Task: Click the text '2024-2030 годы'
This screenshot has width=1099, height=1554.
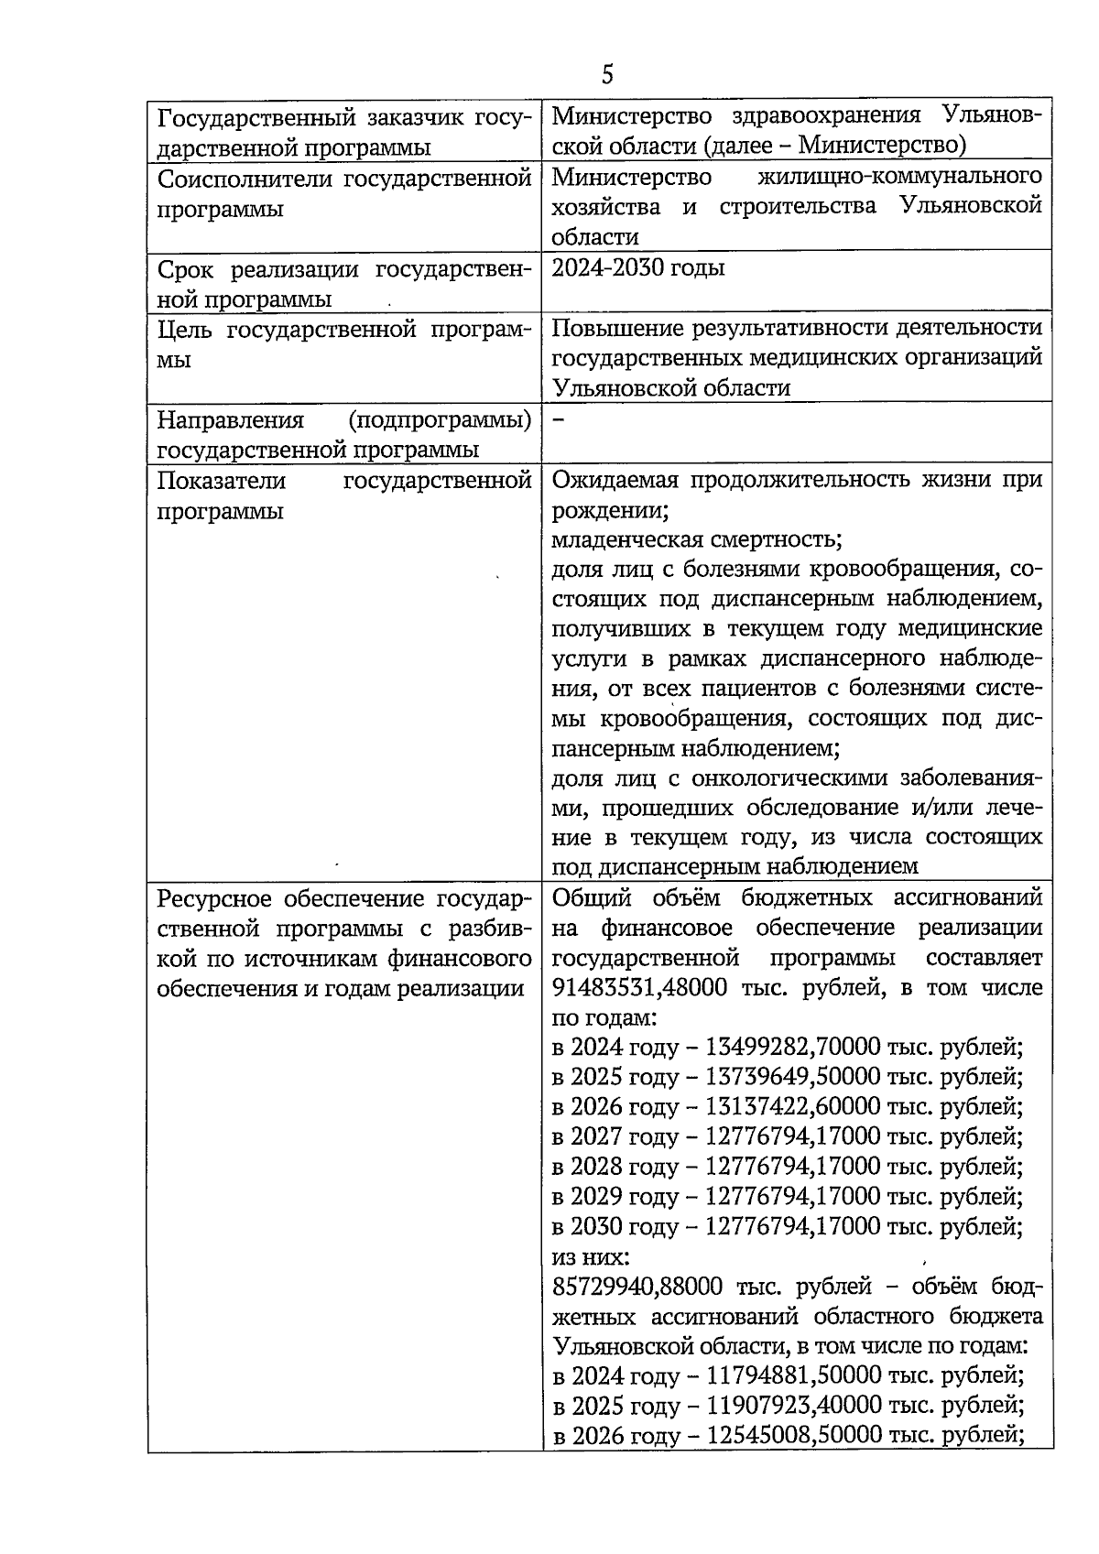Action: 638,268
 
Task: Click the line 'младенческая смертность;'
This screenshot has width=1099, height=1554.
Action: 697,538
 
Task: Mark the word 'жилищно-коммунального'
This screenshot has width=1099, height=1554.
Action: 900,176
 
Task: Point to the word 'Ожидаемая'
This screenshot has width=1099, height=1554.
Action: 615,480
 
